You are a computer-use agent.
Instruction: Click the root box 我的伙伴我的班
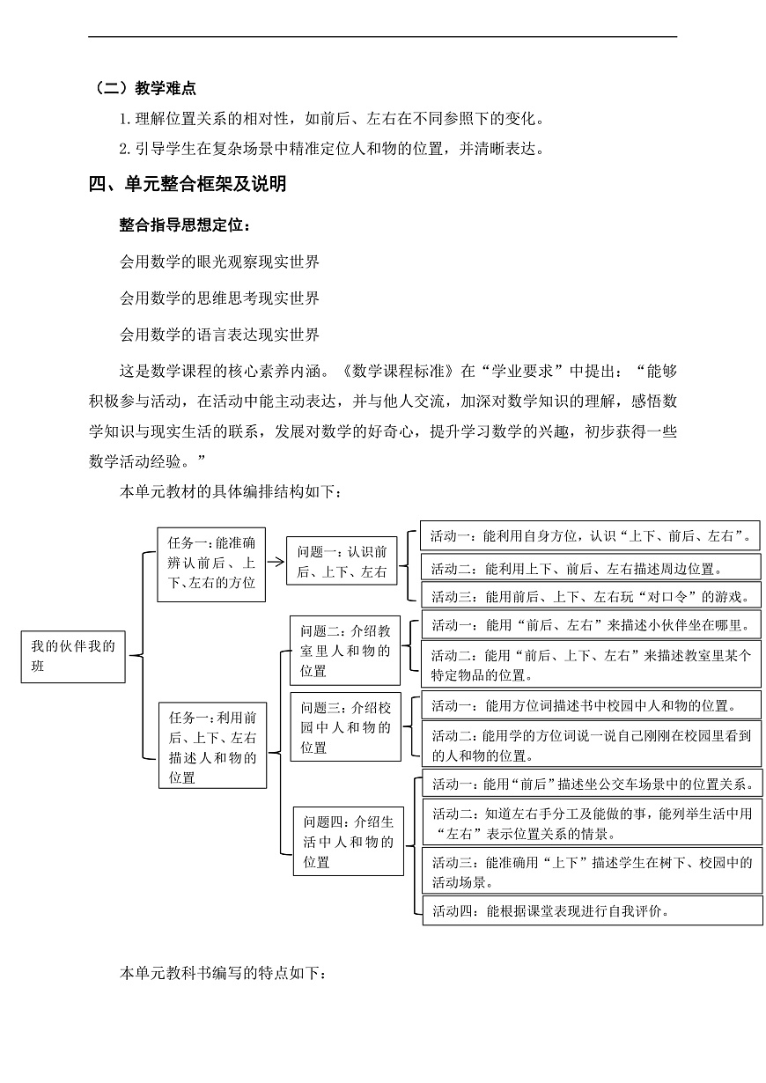point(73,656)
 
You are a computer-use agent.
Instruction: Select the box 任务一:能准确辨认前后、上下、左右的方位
point(211,564)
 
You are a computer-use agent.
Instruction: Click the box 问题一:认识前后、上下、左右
point(342,562)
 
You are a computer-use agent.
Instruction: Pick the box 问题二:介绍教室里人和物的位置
point(345,651)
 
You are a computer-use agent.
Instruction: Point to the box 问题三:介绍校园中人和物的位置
point(345,727)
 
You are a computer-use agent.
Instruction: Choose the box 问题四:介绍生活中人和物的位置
point(348,842)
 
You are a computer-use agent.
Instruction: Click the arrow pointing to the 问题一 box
point(275,563)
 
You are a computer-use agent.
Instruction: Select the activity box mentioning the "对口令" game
point(590,596)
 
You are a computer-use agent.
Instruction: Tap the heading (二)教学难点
point(144,88)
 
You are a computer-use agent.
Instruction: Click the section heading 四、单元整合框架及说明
point(188,184)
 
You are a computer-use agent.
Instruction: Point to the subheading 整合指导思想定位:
point(184,225)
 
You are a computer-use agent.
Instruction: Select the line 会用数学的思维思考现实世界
point(219,298)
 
